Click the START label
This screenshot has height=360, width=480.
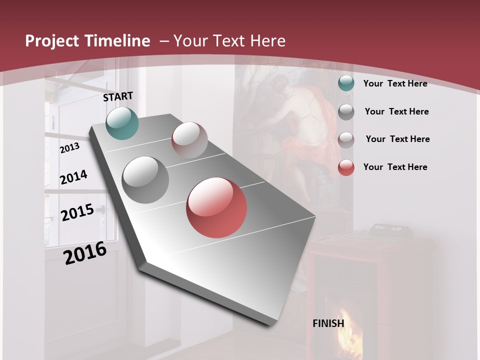pos(118,96)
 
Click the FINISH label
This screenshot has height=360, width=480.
pos(328,323)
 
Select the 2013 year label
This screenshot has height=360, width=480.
pos(69,148)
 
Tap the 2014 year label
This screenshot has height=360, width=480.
pos(73,177)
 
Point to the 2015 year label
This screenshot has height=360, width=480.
pos(77,212)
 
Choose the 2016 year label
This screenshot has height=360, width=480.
pos(85,253)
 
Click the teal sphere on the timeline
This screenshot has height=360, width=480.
pos(122,123)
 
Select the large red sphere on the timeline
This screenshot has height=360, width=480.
pos(216,207)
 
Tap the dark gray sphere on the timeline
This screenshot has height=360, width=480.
pos(145,180)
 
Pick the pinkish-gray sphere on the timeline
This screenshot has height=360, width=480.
pos(189,140)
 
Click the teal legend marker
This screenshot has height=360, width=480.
pos(346,83)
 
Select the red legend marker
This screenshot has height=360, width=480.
pos(346,167)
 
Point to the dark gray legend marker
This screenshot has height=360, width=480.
pos(346,112)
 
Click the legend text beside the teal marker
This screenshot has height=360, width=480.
pos(395,83)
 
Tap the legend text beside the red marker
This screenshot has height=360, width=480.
pos(395,167)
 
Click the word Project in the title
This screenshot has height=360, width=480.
pos(52,41)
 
